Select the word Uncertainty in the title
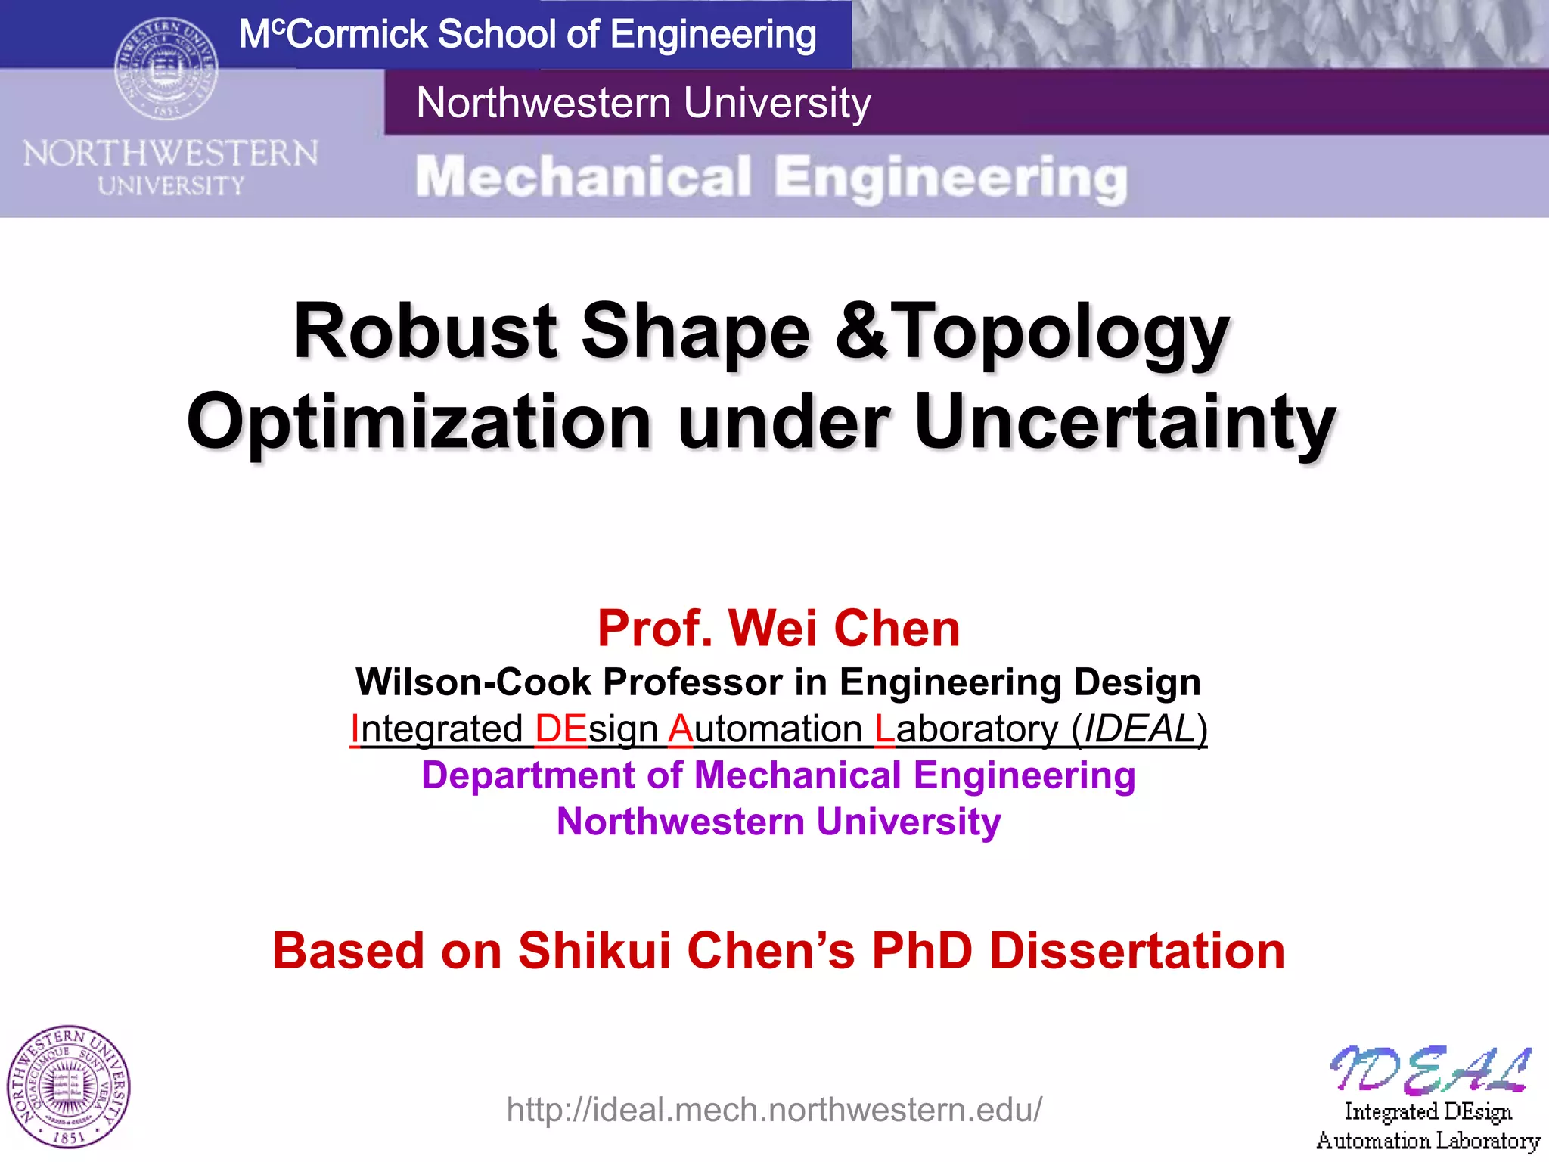click(x=1125, y=421)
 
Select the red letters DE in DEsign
click(x=560, y=729)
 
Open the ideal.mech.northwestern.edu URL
click(x=774, y=1110)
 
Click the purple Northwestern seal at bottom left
click(x=68, y=1087)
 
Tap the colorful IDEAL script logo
click(x=1429, y=1070)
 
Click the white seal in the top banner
click(x=166, y=69)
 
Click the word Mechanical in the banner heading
click(x=583, y=178)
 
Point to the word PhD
click(x=922, y=950)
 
